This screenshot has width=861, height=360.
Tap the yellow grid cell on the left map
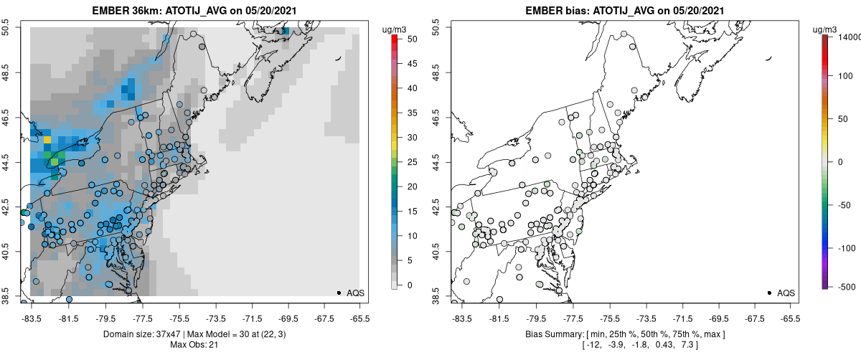[x=47, y=139]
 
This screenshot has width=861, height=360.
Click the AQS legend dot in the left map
[x=339, y=293]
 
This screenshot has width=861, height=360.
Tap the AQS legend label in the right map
[x=786, y=293]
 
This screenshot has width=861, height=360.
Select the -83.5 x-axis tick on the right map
[x=461, y=318]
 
